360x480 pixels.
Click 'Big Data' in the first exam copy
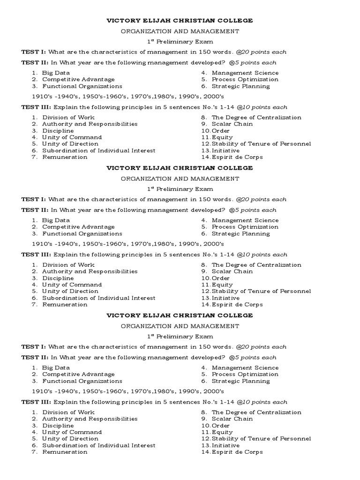tap(56, 73)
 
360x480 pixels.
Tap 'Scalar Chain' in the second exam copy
tap(232, 271)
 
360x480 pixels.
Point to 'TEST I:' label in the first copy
tap(33, 52)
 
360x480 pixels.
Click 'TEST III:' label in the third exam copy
tap(36, 402)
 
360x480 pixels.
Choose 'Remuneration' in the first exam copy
tap(65, 157)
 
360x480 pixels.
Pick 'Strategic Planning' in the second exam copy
tap(240, 233)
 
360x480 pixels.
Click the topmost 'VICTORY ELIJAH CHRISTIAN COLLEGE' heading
tap(180, 21)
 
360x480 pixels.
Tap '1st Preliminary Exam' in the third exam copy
tap(180, 336)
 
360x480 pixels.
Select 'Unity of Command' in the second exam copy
tap(72, 285)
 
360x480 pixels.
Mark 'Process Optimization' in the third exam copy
tap(245, 375)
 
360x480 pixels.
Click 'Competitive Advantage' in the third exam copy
tap(78, 375)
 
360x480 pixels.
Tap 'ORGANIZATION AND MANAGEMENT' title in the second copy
tap(180, 179)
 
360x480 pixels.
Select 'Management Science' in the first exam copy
tap(245, 73)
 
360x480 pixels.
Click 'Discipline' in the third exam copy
tap(58, 426)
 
